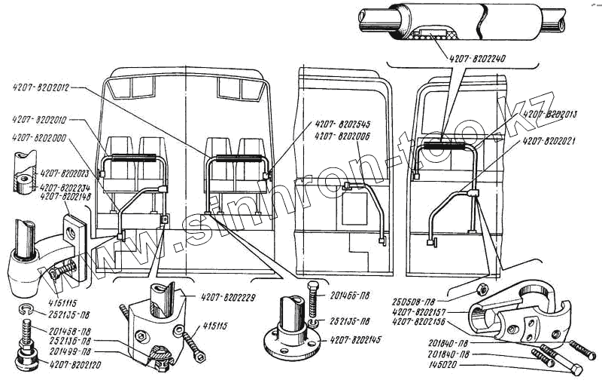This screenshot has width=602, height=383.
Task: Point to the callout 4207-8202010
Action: (x=41, y=119)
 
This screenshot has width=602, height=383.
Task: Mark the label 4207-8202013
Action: (x=555, y=114)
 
